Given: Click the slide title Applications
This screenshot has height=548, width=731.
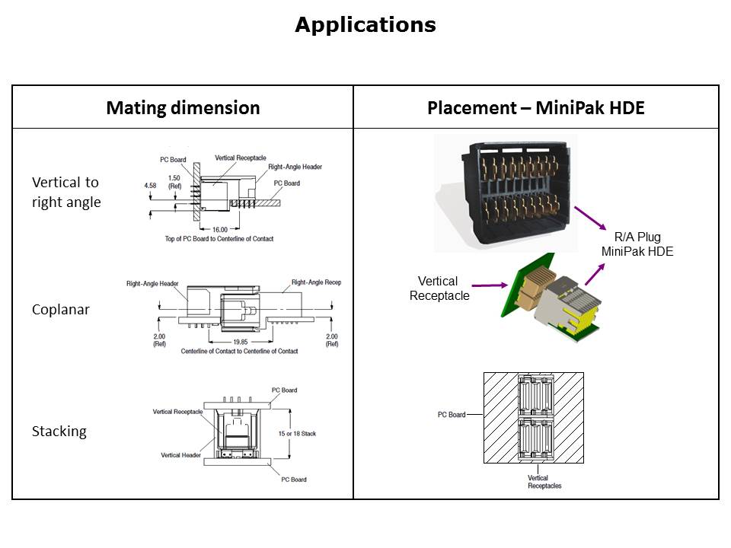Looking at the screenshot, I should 365,25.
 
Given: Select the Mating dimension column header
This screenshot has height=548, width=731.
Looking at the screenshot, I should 183,107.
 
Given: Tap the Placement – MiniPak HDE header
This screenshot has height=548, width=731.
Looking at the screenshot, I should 535,107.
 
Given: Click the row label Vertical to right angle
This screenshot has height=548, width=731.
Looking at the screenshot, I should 65,192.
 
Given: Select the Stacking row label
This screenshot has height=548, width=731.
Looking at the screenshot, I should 59,432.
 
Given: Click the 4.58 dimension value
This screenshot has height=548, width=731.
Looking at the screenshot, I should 151,185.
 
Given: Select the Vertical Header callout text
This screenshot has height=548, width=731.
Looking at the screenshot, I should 180,455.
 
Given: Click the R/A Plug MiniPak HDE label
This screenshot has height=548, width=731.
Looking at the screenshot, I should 637,244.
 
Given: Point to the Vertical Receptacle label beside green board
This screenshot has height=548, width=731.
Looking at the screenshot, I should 439,288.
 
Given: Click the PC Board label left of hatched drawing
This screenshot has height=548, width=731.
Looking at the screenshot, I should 452,415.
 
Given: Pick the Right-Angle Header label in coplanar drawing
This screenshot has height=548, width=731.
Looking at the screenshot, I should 152,284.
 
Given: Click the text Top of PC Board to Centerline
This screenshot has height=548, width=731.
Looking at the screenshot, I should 220,239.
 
